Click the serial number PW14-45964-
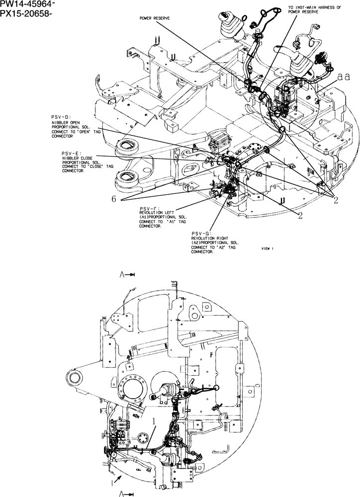click(28, 4)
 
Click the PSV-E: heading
click(68, 153)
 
